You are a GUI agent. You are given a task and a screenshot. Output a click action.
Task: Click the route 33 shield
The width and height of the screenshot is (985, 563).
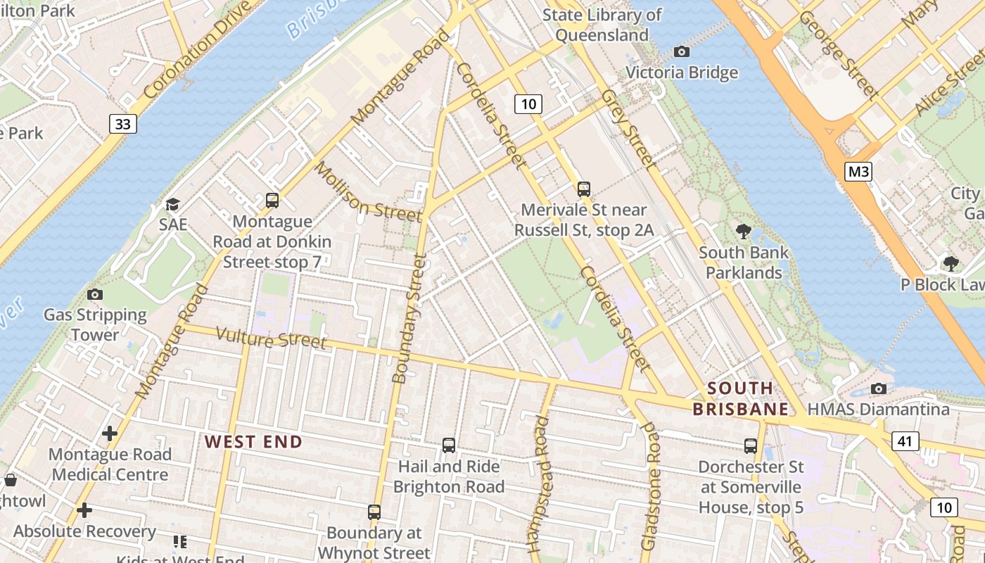122,124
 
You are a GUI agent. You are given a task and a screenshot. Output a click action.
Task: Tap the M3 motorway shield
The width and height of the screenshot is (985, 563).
858,171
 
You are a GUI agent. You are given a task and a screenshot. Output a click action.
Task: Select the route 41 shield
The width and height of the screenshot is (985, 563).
905,441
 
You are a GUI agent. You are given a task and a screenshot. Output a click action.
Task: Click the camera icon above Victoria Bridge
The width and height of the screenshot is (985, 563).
681,51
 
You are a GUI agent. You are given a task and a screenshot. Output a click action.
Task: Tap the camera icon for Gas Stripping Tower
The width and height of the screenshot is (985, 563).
95,294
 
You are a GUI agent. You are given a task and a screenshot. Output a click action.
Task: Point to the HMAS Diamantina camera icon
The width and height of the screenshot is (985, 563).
878,388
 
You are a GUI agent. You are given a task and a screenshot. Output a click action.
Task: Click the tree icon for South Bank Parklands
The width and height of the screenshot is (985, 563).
743,231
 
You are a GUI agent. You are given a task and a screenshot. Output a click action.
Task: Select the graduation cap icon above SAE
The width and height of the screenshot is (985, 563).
172,204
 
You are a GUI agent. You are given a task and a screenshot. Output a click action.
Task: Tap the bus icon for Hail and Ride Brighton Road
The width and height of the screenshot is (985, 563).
449,445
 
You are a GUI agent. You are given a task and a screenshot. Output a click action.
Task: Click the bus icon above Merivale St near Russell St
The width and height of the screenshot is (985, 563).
584,189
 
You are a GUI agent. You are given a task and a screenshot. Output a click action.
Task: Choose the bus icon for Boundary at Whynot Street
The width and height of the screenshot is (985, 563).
374,512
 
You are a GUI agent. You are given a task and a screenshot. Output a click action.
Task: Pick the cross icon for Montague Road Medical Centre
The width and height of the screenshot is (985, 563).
110,434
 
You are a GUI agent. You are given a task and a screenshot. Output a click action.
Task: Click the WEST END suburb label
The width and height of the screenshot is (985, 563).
253,442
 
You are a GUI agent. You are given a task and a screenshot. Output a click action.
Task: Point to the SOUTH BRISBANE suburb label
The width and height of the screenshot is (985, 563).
740,398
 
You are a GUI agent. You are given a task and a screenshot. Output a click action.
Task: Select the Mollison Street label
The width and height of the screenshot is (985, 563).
367,191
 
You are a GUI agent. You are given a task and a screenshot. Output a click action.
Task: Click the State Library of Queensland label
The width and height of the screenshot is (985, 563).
602,25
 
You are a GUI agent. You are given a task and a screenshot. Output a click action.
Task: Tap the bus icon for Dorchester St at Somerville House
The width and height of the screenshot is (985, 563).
751,445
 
